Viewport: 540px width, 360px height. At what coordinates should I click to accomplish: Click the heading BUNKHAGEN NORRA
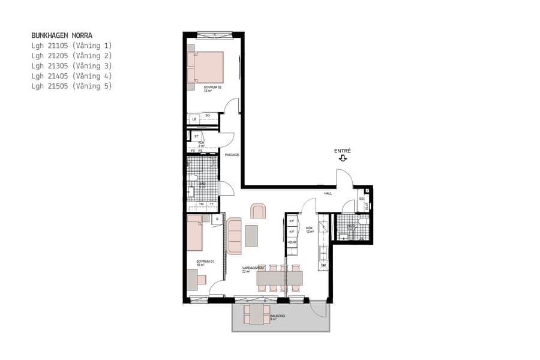pos(62,35)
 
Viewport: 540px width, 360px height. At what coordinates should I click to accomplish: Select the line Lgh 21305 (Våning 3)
pos(71,66)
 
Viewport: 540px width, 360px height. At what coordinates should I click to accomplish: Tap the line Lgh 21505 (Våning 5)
pos(71,86)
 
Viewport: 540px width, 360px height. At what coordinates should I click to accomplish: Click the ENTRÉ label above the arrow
pos(342,151)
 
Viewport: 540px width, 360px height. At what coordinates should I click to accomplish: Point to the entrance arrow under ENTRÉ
pos(343,158)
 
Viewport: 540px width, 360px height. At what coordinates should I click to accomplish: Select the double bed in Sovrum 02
pos(205,67)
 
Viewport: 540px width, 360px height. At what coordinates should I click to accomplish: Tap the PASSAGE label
pos(232,155)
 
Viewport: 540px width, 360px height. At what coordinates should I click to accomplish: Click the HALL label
pos(328,194)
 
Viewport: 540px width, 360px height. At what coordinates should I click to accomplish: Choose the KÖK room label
pos(310,229)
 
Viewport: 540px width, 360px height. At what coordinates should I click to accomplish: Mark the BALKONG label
pos(277,316)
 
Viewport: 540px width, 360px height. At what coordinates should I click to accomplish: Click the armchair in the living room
pos(258,211)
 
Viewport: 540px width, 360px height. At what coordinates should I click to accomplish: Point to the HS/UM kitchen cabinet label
pos(292,242)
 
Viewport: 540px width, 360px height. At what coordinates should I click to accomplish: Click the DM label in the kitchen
pos(323,265)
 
